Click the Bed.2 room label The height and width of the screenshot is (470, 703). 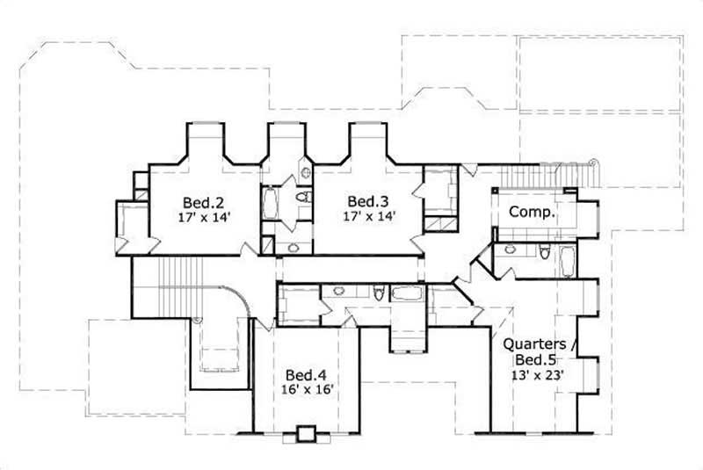(x=203, y=200)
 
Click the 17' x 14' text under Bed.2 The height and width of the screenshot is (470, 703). (x=203, y=216)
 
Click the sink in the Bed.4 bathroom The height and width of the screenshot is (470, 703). (x=339, y=292)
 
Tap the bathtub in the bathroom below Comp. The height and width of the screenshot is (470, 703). (x=568, y=260)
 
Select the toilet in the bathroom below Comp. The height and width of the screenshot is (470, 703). (x=544, y=255)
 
